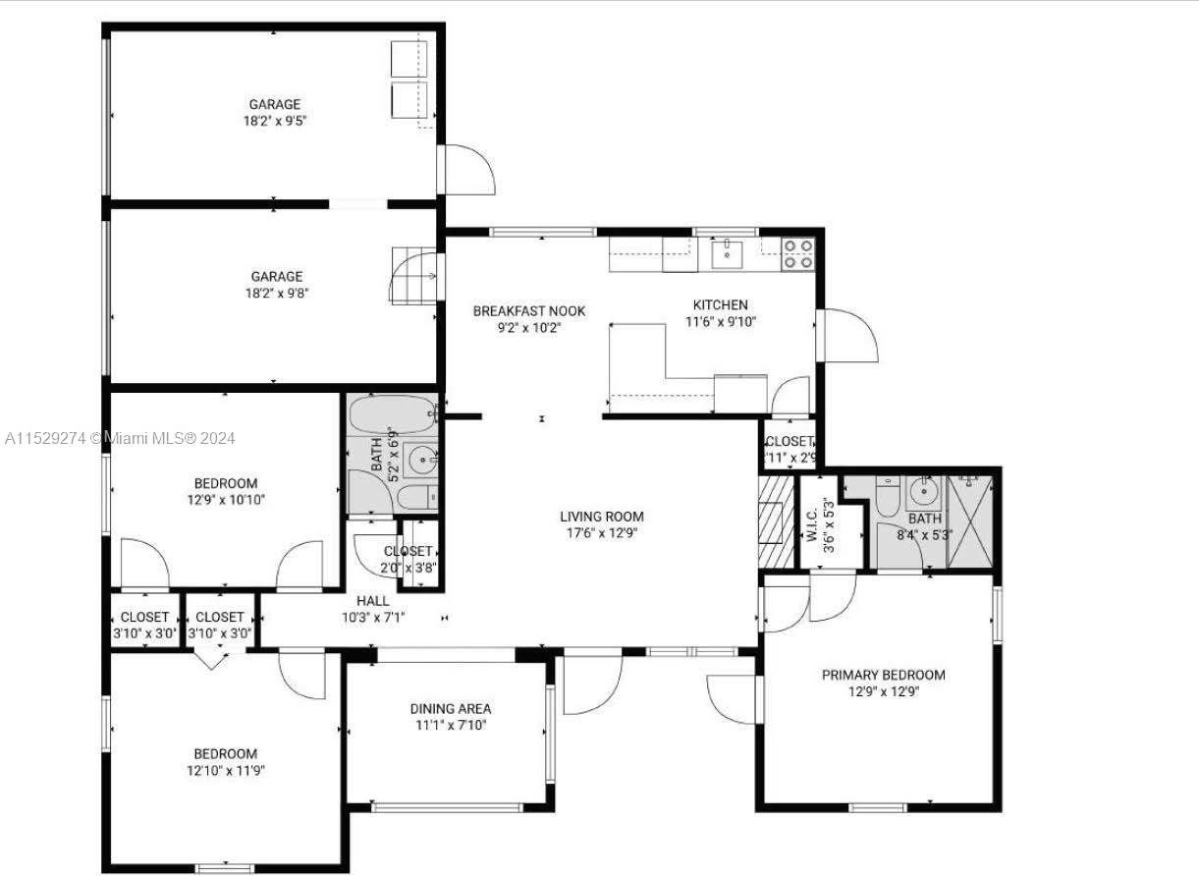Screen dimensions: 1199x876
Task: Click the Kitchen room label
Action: pyautogui.click(x=720, y=304)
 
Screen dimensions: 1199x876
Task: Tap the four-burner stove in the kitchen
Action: pyautogui.click(x=798, y=254)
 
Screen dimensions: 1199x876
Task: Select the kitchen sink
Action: pyautogui.click(x=727, y=254)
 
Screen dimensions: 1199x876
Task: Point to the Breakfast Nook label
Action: pyautogui.click(x=529, y=311)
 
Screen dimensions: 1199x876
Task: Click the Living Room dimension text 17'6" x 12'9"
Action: pyautogui.click(x=602, y=533)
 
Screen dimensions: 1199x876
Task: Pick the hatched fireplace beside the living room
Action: pyautogui.click(x=776, y=521)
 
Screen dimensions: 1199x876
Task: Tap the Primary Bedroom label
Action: pyautogui.click(x=883, y=675)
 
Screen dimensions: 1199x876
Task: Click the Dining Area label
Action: pyautogui.click(x=450, y=708)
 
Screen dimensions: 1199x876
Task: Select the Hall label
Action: pyautogui.click(x=372, y=601)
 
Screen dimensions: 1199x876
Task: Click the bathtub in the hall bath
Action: pyautogui.click(x=394, y=414)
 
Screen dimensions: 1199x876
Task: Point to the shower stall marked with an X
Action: pyautogui.click(x=970, y=521)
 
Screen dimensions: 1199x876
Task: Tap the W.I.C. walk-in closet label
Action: pyautogui.click(x=811, y=525)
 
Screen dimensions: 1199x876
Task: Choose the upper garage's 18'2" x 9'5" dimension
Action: pyautogui.click(x=275, y=121)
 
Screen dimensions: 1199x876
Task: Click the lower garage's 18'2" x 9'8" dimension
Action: pyautogui.click(x=277, y=293)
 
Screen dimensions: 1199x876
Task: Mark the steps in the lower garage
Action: pyautogui.click(x=413, y=276)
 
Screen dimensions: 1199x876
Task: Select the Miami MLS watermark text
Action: pyautogui.click(x=120, y=439)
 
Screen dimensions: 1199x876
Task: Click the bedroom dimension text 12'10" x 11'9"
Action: pyautogui.click(x=226, y=771)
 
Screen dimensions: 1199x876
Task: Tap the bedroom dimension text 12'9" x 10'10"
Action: pyautogui.click(x=226, y=500)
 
